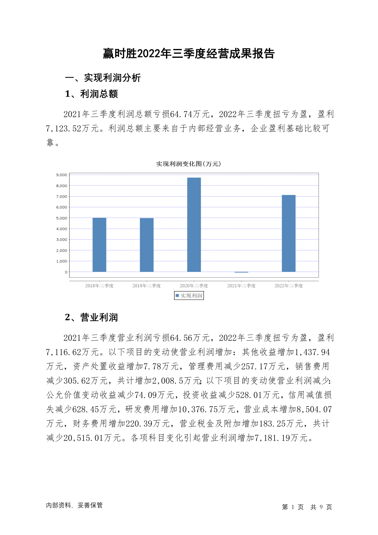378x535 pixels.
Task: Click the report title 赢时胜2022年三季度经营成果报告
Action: point(189,54)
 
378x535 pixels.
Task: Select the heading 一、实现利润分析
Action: point(103,78)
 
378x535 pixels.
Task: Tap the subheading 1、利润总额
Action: point(91,94)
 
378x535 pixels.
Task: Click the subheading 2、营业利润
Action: point(91,317)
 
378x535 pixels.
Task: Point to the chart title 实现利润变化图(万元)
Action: point(189,164)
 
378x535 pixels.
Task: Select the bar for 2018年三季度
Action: point(99,245)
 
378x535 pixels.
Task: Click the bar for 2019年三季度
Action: point(147,245)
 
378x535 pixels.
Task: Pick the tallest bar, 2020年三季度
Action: point(194,225)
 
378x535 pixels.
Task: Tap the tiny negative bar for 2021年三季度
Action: point(241,272)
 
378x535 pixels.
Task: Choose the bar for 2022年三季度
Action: point(288,233)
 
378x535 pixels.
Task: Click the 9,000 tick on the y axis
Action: point(62,175)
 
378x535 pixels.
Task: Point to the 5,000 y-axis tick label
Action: point(62,218)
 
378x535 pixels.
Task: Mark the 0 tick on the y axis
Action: point(66,272)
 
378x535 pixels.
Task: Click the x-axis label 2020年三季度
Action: point(194,286)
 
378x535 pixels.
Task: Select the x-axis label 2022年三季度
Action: point(288,286)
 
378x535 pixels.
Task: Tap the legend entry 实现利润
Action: point(189,296)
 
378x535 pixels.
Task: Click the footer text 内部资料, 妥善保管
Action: point(74,505)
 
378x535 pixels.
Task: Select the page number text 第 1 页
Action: point(293,507)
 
